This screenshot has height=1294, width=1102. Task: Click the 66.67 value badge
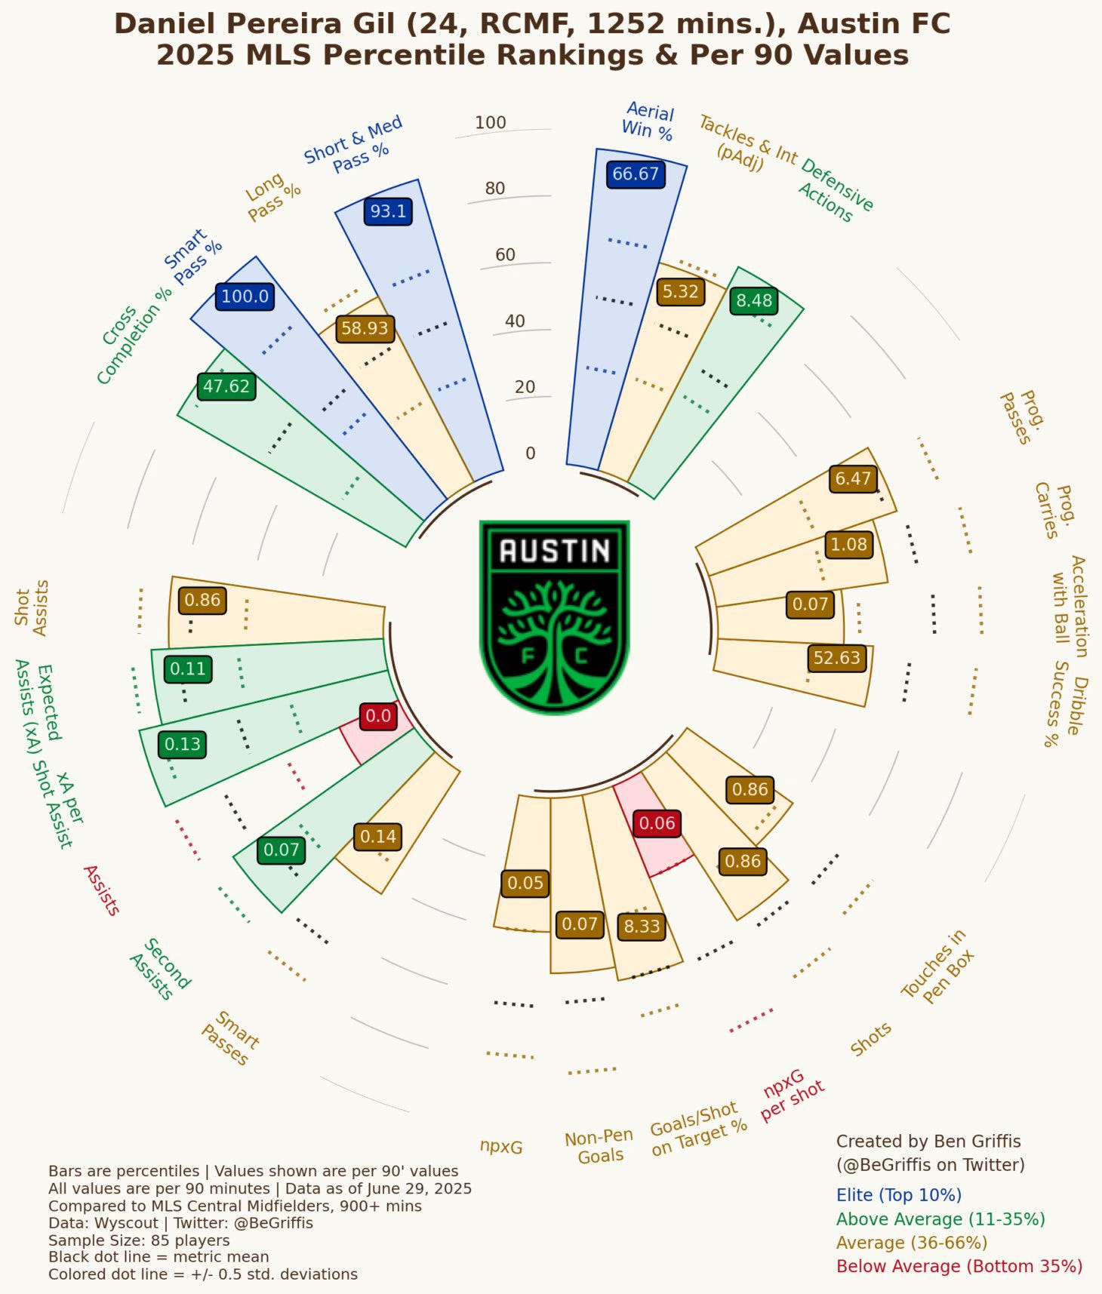coord(636,174)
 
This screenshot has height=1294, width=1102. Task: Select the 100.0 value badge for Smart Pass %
coord(245,297)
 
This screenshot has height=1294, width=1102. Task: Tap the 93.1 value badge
coord(388,211)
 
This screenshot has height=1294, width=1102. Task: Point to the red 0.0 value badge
coord(378,716)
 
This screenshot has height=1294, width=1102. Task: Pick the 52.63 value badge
coord(836,658)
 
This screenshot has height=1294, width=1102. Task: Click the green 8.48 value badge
coord(754,301)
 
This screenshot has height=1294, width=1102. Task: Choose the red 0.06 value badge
coord(657,823)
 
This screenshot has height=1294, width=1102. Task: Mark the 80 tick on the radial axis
coord(495,189)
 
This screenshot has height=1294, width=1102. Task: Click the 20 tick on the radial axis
coord(525,387)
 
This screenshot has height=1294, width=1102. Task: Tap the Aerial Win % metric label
coord(648,121)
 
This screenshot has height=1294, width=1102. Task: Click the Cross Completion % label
coord(134,335)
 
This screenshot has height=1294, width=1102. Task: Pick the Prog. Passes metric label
coord(1024,417)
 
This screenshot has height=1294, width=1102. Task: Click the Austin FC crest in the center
coord(555,616)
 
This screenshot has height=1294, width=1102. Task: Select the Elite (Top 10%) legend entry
coord(898,1195)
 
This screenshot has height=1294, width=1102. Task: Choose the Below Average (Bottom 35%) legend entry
coord(959,1266)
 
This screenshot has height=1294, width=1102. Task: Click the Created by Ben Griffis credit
coord(928,1142)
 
